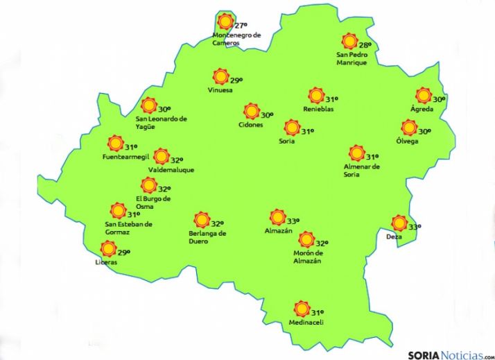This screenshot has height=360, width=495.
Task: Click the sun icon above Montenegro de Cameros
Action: (x=225, y=21)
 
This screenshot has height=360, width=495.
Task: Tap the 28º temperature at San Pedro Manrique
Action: (x=365, y=46)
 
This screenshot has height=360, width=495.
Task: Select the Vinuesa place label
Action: (x=220, y=90)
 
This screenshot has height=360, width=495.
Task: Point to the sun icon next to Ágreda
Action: (x=424, y=96)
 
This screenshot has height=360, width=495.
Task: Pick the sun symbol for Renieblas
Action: (x=317, y=96)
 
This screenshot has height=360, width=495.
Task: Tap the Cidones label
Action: (x=250, y=125)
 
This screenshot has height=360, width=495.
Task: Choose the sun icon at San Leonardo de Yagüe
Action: (x=148, y=105)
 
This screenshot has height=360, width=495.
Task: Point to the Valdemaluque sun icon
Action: (x=162, y=156)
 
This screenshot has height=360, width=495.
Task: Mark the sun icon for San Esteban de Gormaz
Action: (x=119, y=210)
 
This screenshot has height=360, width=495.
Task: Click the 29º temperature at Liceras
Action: (x=124, y=252)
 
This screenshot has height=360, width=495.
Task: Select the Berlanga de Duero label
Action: (x=203, y=237)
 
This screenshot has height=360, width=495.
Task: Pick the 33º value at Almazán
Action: (x=293, y=221)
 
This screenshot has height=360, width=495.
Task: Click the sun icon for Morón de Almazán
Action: (x=306, y=240)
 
